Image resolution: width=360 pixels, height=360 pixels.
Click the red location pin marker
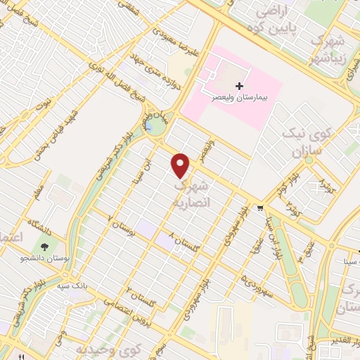tap(181, 165)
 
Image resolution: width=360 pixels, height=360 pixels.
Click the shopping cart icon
tap(261, 207)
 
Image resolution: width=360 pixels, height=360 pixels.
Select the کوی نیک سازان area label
tap(302, 141)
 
